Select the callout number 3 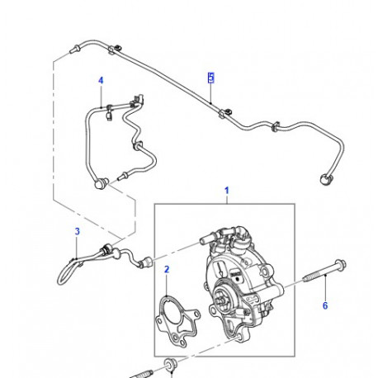point(76,232)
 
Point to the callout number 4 point(101,81)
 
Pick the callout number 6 point(324,306)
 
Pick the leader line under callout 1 point(226,200)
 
